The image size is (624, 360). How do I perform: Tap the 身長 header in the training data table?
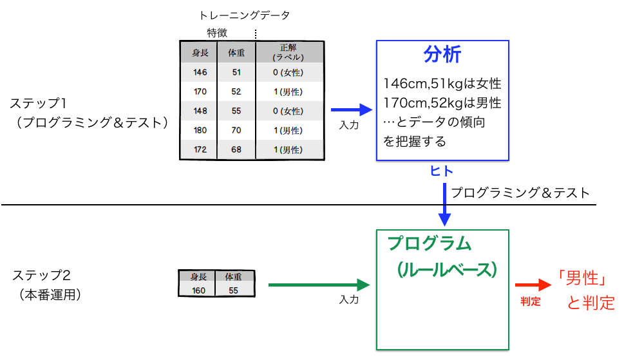coord(199,52)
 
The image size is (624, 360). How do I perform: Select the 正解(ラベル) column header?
coord(288,52)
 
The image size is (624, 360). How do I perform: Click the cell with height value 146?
coord(199,72)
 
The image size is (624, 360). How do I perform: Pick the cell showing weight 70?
coord(236,130)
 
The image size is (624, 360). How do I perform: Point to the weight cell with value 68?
coord(236,149)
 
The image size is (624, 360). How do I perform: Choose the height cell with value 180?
coord(199,130)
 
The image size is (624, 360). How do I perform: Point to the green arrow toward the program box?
coord(319,284)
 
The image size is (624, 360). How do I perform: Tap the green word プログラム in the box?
coord(430,244)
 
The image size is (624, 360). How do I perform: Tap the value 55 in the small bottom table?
coord(233,290)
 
